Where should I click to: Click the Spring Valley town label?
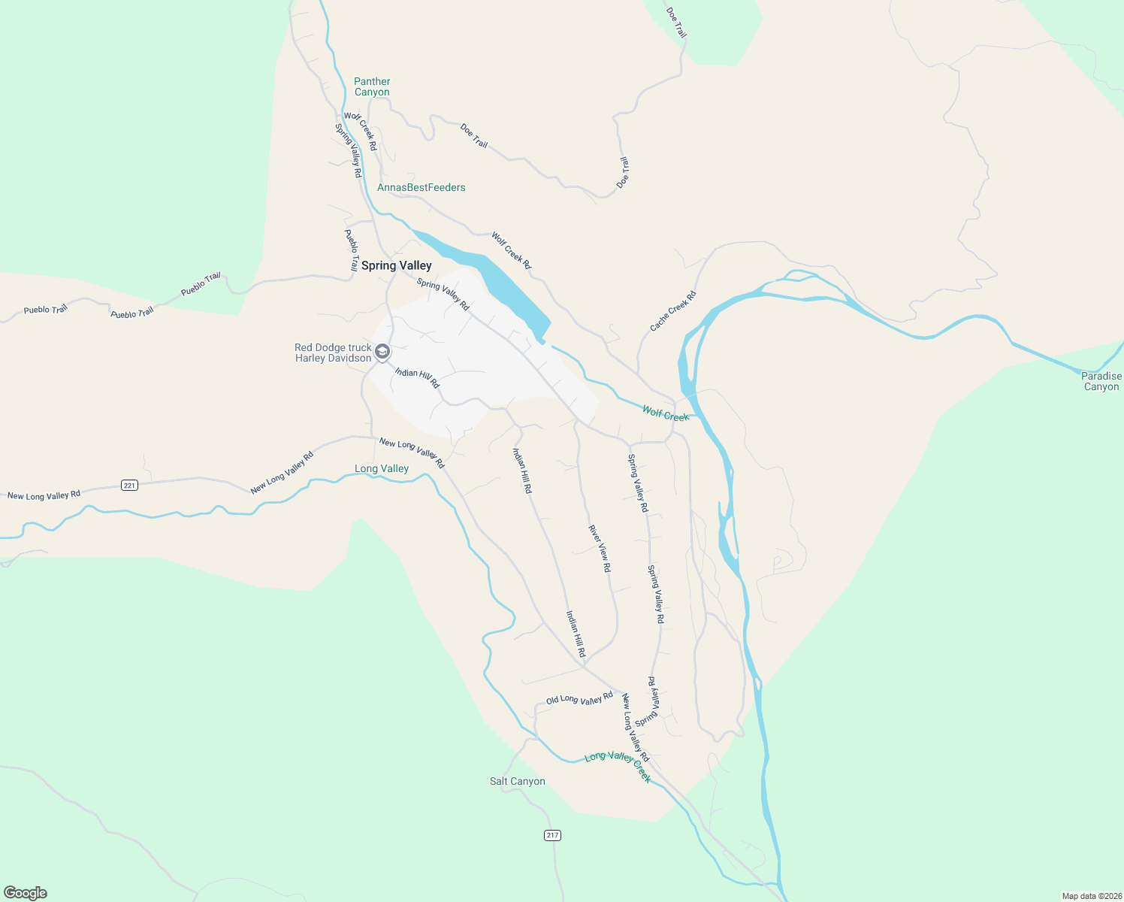click(396, 265)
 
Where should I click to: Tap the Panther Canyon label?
click(372, 86)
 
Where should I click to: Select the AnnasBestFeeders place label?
click(421, 187)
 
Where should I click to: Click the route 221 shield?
click(129, 486)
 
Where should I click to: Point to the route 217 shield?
click(552, 835)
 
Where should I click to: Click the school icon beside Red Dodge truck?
click(382, 352)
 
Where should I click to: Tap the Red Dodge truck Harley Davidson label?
click(333, 353)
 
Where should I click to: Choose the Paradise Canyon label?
click(1101, 381)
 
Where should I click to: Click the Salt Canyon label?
click(517, 781)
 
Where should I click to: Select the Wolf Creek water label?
click(665, 413)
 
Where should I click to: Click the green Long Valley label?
click(382, 468)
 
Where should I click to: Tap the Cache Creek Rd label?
click(672, 311)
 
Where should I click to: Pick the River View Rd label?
click(600, 549)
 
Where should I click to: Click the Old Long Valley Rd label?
click(579, 699)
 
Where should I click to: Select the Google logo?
click(26, 893)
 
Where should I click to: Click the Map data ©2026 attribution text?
click(1091, 896)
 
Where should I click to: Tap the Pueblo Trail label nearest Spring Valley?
click(351, 250)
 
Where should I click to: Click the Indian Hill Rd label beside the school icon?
click(417, 377)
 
